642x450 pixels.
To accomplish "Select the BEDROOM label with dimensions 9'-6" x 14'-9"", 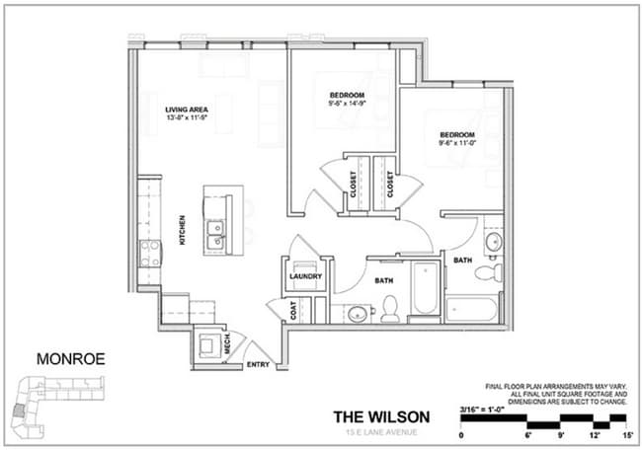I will (x=348, y=96).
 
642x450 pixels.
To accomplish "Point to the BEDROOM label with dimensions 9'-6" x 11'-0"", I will (x=457, y=135).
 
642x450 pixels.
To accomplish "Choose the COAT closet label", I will (x=294, y=310).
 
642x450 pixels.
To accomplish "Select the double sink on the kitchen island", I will (x=215, y=233).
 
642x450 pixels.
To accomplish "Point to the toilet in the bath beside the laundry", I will (x=389, y=308).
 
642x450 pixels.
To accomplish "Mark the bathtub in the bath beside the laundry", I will (x=424, y=288).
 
